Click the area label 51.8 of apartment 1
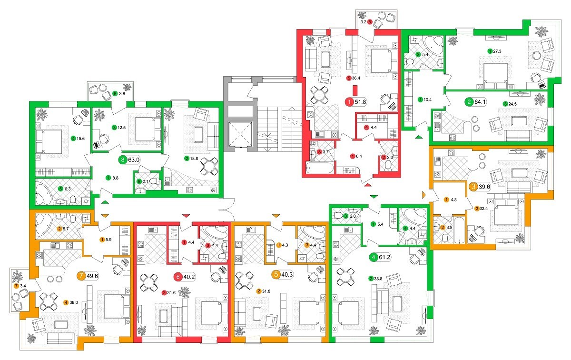(x=361, y=102)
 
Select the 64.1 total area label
(x=480, y=102)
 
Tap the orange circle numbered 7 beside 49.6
(x=81, y=276)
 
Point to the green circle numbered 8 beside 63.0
(x=123, y=160)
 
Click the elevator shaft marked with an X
(x=240, y=134)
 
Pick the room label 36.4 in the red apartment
(x=356, y=78)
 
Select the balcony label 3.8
(x=122, y=94)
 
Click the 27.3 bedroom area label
(x=497, y=51)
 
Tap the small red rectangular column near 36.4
(x=354, y=90)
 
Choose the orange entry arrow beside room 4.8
(x=424, y=195)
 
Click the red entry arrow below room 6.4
(x=367, y=185)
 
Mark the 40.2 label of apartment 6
(x=189, y=277)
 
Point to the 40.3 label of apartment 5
(x=287, y=275)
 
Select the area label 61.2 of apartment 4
(x=384, y=257)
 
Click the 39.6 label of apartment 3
(x=484, y=187)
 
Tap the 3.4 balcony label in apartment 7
(x=23, y=286)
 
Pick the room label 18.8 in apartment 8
(x=194, y=159)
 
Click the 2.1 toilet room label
(x=145, y=181)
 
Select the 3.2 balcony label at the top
(x=363, y=22)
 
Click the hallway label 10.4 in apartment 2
(x=427, y=100)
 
